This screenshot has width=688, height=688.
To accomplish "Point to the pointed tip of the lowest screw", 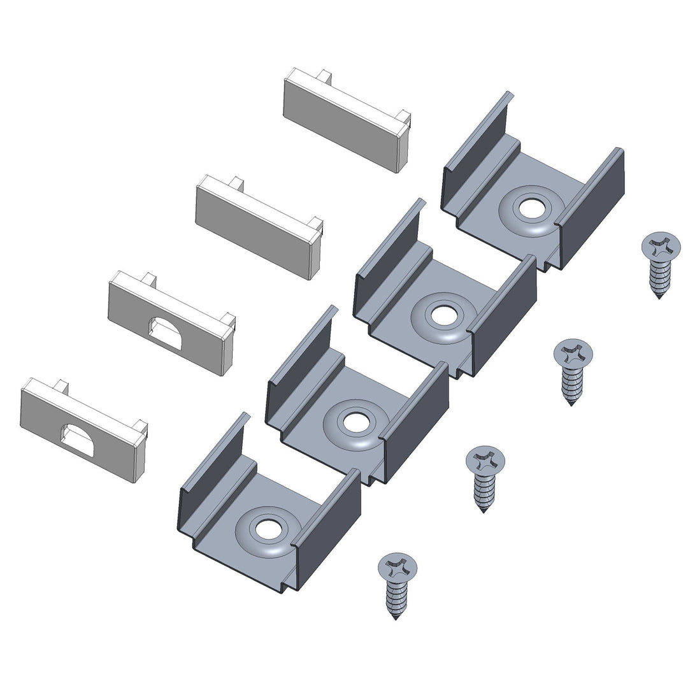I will [x=396, y=617].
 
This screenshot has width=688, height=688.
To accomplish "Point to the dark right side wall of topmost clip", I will [x=592, y=210].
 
